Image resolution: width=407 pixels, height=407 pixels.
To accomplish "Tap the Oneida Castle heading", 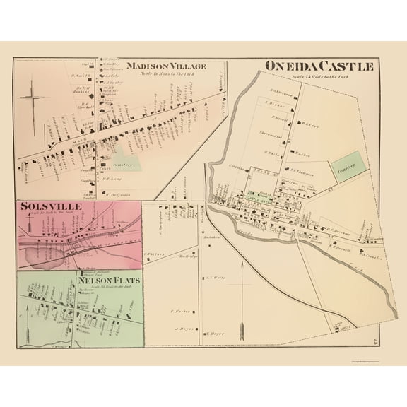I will click(318, 66).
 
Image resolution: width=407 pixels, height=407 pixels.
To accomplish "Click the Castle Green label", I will click(269, 200).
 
